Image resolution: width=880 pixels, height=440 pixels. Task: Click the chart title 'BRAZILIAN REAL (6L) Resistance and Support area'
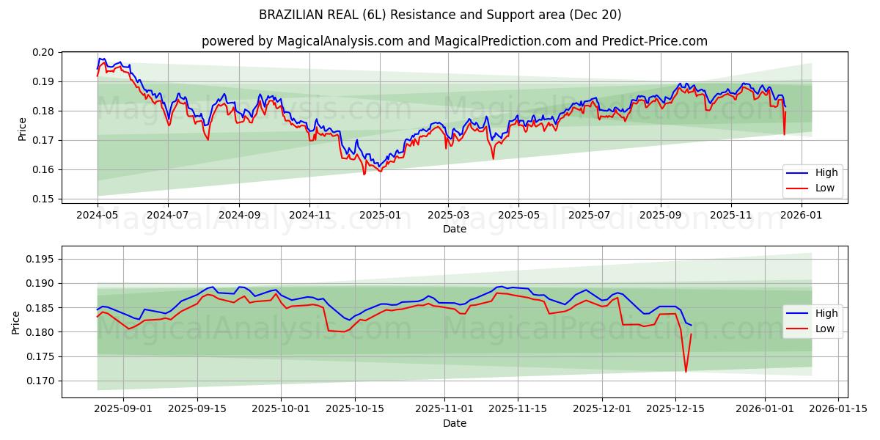440,15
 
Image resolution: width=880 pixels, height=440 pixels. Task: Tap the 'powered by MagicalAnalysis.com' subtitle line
455,41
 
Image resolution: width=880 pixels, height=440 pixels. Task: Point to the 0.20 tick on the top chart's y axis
44,52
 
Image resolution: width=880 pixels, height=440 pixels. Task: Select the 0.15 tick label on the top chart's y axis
44,199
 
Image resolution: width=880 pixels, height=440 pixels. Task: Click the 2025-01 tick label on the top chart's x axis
379,216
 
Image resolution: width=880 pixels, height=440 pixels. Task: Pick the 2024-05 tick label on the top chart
98,216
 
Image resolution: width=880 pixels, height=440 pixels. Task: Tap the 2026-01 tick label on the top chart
801,216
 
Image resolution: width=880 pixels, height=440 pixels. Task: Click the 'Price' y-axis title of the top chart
22,129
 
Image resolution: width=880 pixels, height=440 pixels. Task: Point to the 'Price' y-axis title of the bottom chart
16,322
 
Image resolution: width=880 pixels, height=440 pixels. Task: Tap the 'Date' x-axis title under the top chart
455,229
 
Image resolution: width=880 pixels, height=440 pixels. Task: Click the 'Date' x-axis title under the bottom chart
455,423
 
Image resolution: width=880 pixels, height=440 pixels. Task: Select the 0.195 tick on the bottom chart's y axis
41,259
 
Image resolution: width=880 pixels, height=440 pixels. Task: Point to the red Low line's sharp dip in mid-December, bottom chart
686,371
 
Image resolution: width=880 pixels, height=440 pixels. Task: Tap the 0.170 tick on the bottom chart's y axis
41,381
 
